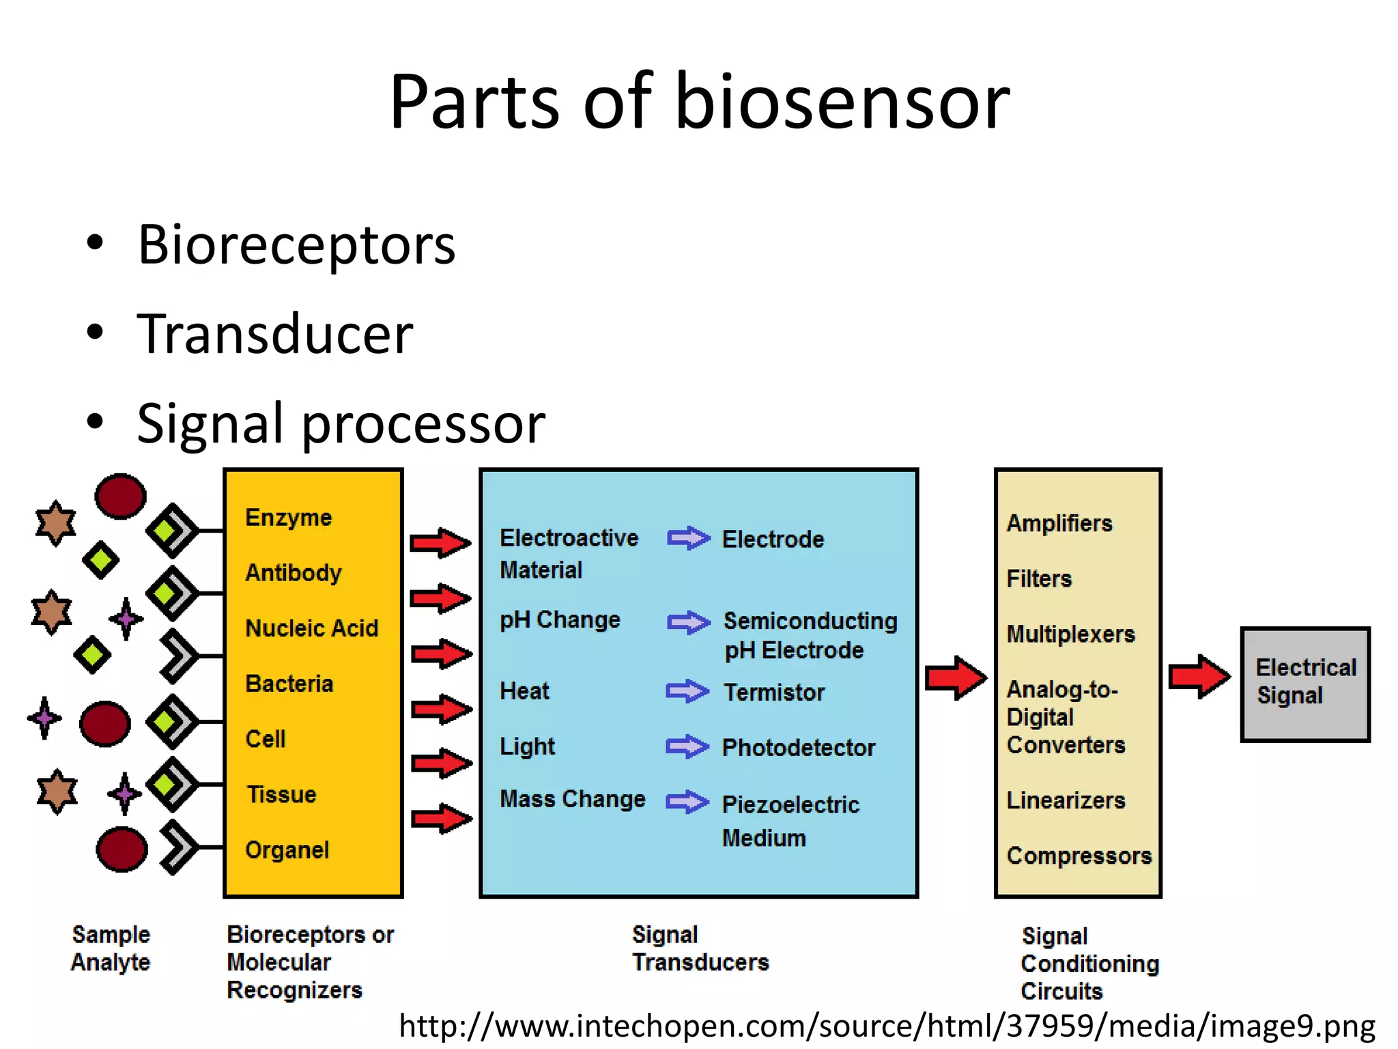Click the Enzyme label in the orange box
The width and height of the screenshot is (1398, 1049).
coord(288,518)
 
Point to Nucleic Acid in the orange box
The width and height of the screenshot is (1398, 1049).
coord(311,628)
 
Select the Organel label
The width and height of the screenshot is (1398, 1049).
coord(287,850)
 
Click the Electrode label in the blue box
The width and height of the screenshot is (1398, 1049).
coord(773,540)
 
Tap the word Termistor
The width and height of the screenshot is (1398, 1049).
coord(774,693)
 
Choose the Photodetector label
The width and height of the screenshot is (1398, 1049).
coord(798,748)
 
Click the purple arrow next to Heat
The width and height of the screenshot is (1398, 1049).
coord(687,691)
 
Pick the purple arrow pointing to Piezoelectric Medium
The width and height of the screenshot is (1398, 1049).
coord(687,802)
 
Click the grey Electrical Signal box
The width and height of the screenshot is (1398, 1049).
coord(1305,683)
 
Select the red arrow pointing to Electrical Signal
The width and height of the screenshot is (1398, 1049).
coord(1199,677)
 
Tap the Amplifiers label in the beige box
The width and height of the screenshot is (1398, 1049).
coord(1059,524)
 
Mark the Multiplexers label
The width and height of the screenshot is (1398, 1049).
coord(1070,634)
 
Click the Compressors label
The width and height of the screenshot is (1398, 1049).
coord(1079,856)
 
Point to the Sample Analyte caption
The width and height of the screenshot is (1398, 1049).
coord(111,948)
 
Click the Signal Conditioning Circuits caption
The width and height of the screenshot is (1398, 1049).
coord(1089,963)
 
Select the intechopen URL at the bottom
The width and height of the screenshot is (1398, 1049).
coord(887,1026)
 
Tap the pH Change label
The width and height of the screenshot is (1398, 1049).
coord(560,620)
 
